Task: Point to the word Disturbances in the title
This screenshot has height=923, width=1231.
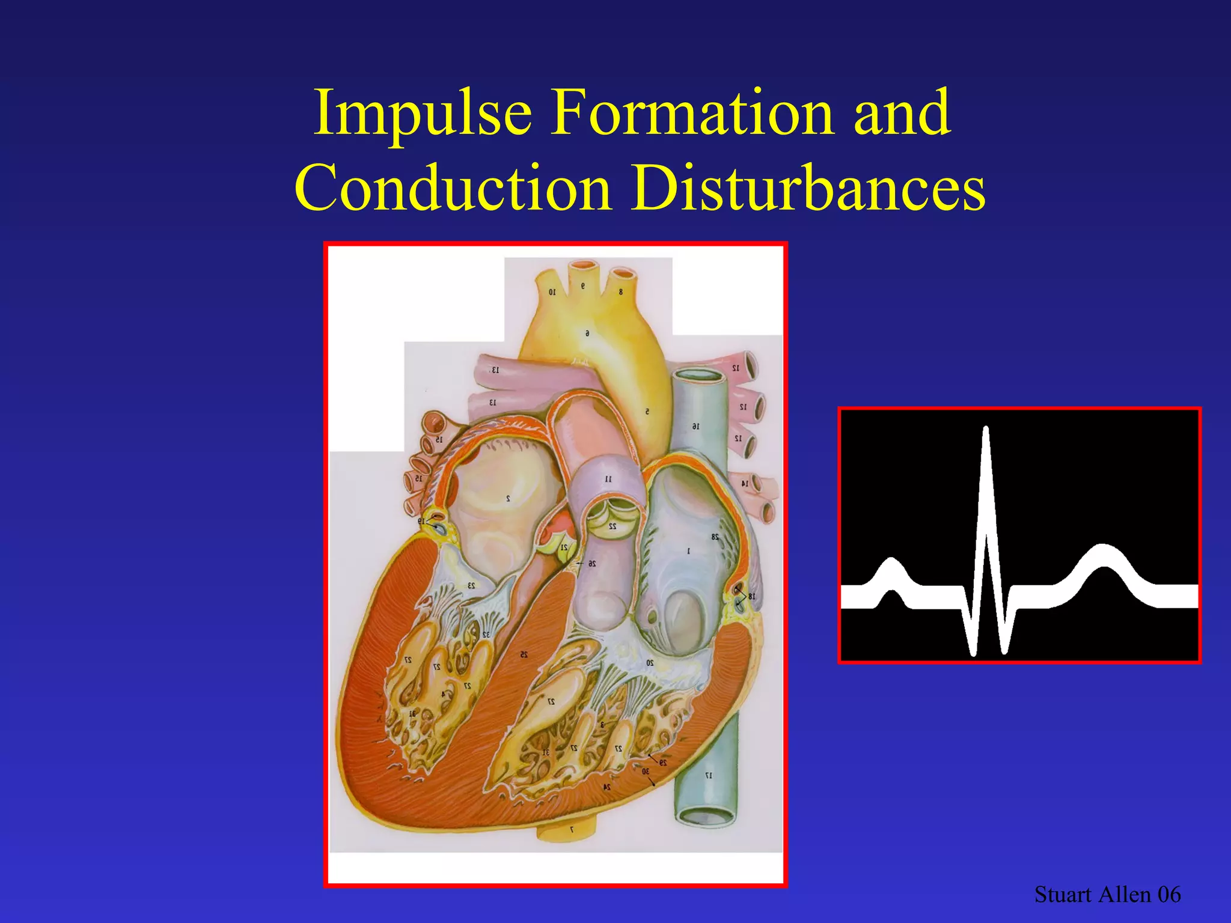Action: pyautogui.click(x=808, y=187)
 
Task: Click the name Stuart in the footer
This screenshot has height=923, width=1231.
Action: pyautogui.click(x=1063, y=895)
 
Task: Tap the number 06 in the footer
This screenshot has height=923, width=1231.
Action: pyautogui.click(x=1169, y=895)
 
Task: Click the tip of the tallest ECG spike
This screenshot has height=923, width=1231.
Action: pyautogui.click(x=986, y=428)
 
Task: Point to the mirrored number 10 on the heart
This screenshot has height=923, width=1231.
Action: pyautogui.click(x=552, y=292)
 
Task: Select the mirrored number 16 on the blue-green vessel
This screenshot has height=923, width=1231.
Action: pyautogui.click(x=695, y=426)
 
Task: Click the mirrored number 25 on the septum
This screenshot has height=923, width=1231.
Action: pyautogui.click(x=524, y=654)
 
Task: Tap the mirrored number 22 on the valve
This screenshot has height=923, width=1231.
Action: pyautogui.click(x=612, y=526)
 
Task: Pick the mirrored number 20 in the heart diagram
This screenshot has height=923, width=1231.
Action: pyautogui.click(x=650, y=663)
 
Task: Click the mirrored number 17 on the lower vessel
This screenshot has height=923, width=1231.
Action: pyautogui.click(x=709, y=775)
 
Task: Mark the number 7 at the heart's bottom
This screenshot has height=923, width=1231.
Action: pyautogui.click(x=572, y=829)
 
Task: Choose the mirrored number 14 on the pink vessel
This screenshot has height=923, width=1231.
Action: pyautogui.click(x=744, y=483)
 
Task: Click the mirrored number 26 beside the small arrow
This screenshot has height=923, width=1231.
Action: pyautogui.click(x=592, y=564)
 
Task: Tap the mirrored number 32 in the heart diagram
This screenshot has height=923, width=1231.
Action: pyautogui.click(x=486, y=635)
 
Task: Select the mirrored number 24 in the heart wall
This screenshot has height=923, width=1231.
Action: pyautogui.click(x=607, y=787)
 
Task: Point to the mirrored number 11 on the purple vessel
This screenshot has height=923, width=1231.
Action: pyautogui.click(x=608, y=479)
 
